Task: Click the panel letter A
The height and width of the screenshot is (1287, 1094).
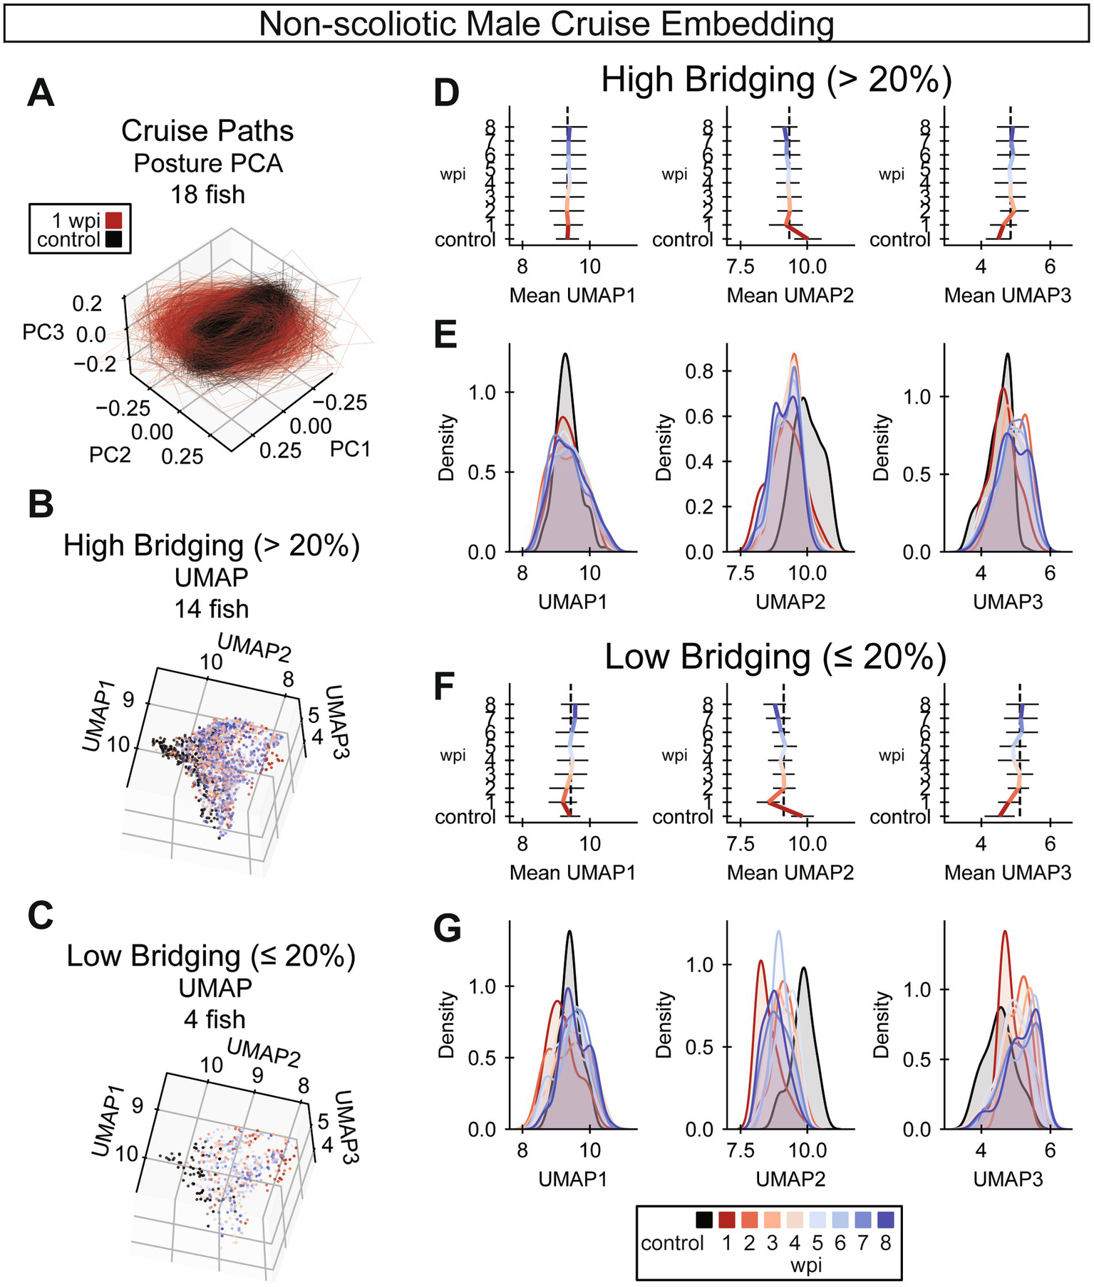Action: pos(40,95)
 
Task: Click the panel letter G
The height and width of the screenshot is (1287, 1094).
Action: pos(448,930)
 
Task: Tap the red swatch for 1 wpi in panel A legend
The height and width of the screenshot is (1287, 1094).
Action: pos(113,220)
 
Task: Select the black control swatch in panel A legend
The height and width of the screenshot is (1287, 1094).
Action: pos(113,239)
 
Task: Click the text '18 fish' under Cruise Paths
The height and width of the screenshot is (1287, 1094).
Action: pos(207,194)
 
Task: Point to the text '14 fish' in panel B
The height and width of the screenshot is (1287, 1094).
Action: pos(212,609)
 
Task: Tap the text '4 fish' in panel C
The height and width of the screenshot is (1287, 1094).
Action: pos(214,1019)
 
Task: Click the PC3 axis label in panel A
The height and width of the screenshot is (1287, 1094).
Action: pos(43,333)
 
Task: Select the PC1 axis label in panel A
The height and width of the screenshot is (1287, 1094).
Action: pos(350,449)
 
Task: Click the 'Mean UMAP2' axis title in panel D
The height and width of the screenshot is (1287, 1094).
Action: pos(790,296)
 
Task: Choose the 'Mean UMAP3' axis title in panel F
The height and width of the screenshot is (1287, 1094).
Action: pos(1007,872)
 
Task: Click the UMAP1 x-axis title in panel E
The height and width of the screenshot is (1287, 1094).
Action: pos(572,602)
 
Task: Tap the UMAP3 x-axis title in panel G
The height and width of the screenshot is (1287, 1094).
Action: pos(1007,1179)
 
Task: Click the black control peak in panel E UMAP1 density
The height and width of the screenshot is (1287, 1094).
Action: pos(565,355)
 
